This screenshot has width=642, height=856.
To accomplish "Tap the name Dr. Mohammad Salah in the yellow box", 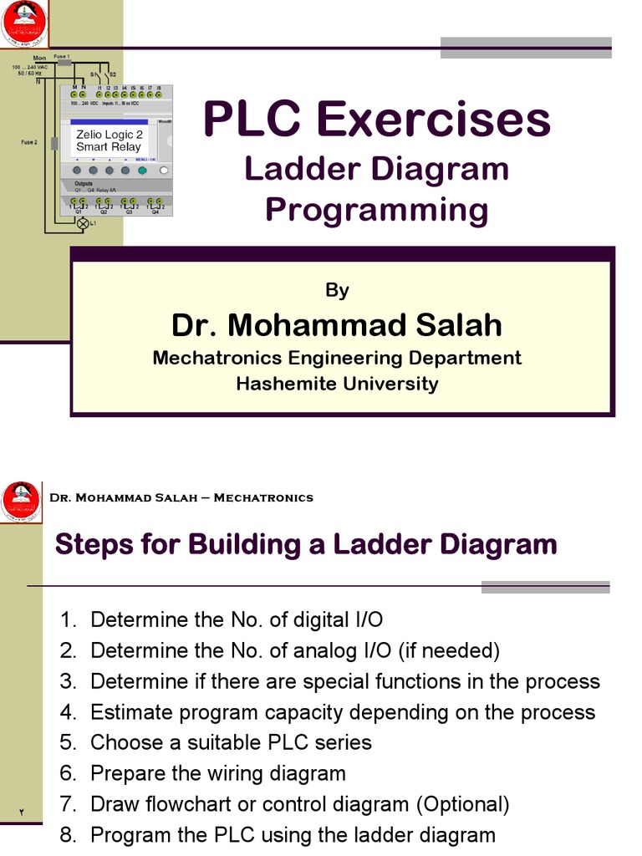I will tap(337, 324).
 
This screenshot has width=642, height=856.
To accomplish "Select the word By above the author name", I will tap(337, 290).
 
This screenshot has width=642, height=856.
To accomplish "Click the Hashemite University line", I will tap(337, 384).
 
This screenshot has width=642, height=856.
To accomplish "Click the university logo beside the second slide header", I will tap(20, 502).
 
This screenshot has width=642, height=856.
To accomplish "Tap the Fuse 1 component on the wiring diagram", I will tap(64, 63).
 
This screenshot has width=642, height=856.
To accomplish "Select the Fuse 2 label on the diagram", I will tap(29, 143).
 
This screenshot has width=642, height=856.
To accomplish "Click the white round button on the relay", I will tap(164, 171).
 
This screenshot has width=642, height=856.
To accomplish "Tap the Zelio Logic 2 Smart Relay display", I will tap(109, 140).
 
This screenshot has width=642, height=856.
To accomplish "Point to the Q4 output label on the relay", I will tap(155, 212).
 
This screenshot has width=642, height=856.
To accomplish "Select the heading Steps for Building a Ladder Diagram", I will tap(305, 545).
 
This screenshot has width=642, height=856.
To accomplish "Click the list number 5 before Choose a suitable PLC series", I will tap(68, 742).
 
